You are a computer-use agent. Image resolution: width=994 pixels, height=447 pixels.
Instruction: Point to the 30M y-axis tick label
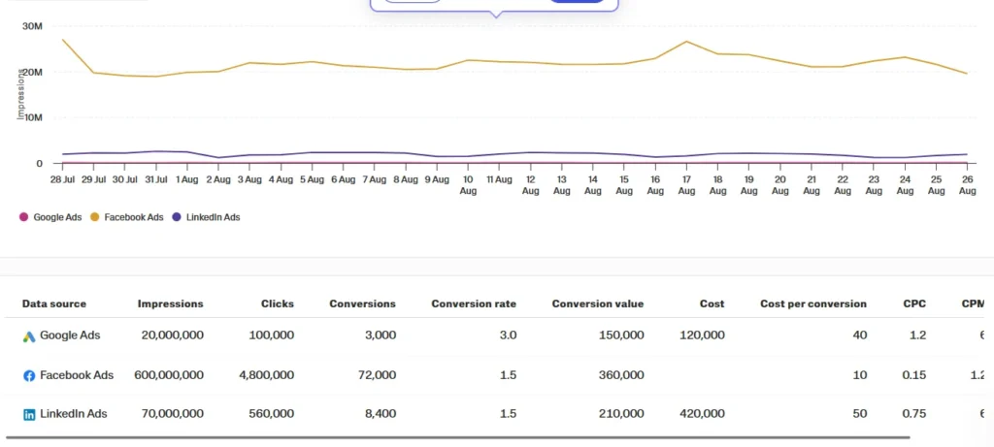[x=31, y=26]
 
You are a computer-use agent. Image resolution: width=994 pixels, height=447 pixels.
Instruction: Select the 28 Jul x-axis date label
[x=63, y=179]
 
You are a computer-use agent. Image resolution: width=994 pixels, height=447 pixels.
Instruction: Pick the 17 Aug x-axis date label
[x=686, y=185]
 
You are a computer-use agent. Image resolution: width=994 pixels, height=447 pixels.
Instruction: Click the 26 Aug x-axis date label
[x=967, y=185]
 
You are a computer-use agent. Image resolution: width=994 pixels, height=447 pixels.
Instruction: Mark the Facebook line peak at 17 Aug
[x=686, y=42]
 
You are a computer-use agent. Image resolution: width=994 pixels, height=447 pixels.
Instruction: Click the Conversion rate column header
[x=474, y=303]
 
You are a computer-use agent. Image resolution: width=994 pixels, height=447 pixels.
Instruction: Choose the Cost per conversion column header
[x=813, y=303]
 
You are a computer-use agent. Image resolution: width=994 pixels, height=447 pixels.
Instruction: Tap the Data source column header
[x=54, y=303]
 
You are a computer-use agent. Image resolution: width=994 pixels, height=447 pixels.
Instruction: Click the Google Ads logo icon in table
[x=29, y=336]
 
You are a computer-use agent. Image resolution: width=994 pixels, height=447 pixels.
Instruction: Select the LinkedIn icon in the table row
[x=29, y=415]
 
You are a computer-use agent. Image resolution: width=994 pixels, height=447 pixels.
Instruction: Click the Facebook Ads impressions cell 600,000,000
[x=170, y=375]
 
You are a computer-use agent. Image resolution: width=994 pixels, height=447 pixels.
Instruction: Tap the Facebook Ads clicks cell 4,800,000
[x=264, y=375]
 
